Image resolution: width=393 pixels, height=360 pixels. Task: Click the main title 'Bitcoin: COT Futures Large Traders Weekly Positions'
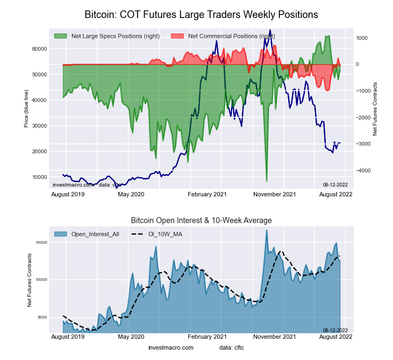coord(201,13)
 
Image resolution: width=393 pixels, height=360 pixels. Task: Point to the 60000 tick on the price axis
coord(39,49)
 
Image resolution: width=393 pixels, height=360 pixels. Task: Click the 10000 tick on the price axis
coord(39,177)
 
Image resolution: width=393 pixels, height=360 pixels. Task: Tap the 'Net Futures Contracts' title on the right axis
coord(375,109)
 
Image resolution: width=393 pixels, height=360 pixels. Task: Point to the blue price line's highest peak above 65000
coord(270,31)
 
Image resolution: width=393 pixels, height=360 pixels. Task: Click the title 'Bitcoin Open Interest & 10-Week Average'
coord(201,220)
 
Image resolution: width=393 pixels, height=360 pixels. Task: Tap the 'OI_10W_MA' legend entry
coord(158,234)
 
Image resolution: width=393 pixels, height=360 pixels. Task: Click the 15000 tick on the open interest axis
coord(40,243)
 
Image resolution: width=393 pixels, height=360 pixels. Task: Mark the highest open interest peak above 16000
coord(266,230)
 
